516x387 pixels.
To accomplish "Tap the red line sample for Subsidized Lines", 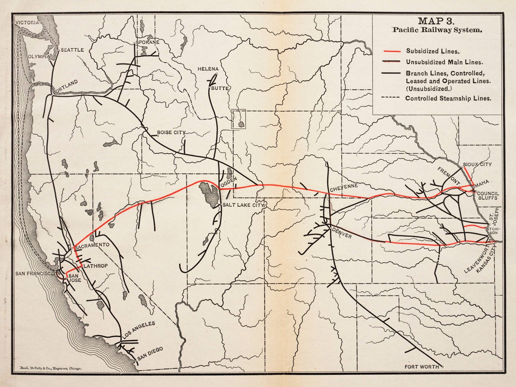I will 391,51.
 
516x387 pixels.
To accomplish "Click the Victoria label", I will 27,23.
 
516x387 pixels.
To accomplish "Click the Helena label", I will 208,69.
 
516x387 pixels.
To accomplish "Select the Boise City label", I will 171,133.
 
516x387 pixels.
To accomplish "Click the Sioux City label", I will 477,165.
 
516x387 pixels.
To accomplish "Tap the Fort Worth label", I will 422,366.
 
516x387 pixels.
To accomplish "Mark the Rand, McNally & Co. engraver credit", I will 50,370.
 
